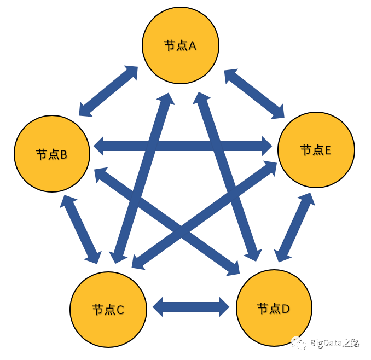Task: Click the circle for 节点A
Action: (180, 45)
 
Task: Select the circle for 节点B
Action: (52, 154)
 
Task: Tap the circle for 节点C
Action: (108, 309)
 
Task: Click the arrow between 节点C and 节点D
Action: (191, 307)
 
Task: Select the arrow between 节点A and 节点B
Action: (108, 91)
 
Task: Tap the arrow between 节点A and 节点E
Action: (254, 94)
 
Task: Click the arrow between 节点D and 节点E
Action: (295, 227)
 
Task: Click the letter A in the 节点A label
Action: (193, 46)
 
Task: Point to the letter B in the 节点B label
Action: (64, 155)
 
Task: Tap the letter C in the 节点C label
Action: (121, 310)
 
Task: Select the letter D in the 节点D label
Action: (286, 309)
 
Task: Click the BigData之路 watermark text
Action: (334, 344)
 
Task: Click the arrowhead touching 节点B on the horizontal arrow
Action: (100, 146)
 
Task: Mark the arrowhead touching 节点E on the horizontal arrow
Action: (266, 146)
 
